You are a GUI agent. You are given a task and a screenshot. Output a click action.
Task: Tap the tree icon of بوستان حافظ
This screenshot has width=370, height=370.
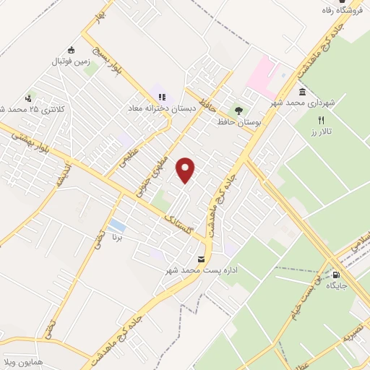[238, 111]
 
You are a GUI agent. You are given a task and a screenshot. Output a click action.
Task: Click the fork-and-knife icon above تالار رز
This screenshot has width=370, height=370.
[322, 120]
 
